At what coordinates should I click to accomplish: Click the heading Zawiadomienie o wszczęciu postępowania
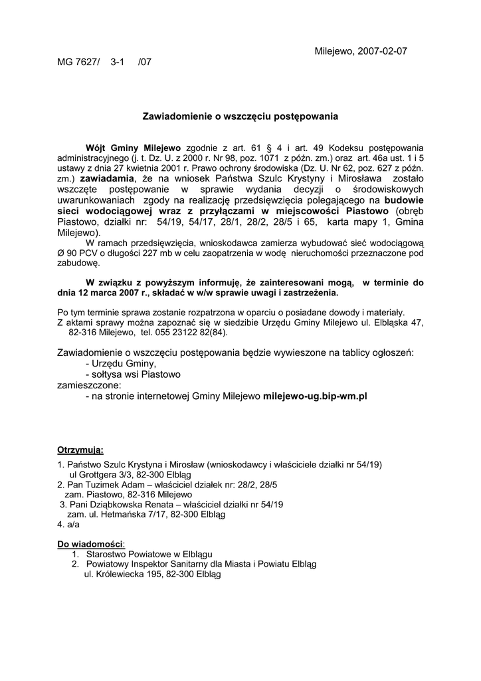pos(241,116)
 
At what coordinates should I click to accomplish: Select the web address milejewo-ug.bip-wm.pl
pos(316,396)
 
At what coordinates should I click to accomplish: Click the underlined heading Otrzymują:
pos(80,450)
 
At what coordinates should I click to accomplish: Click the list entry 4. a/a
pos(68,525)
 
